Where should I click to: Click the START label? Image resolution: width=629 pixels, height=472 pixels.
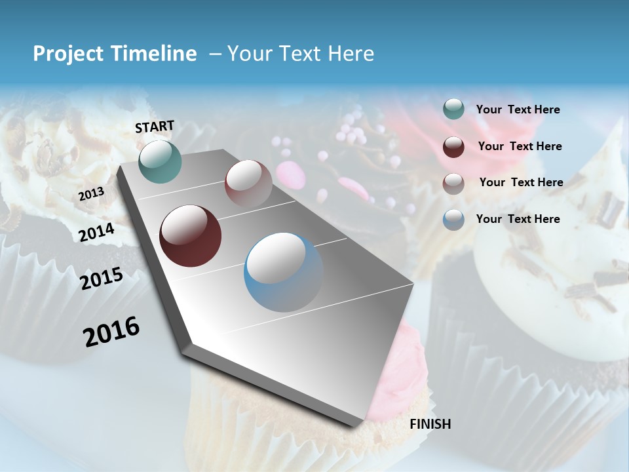[x=155, y=127]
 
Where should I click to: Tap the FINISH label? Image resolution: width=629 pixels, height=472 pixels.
[x=430, y=424]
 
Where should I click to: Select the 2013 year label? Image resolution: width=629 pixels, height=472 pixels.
[x=91, y=194]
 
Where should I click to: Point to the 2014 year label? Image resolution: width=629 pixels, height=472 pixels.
[x=97, y=232]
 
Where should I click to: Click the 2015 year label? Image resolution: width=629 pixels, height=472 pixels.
[x=102, y=279]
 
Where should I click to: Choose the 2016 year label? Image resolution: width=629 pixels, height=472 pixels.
[x=111, y=332]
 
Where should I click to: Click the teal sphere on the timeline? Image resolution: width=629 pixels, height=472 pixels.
[x=161, y=161]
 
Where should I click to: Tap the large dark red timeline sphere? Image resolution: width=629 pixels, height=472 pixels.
[x=191, y=236]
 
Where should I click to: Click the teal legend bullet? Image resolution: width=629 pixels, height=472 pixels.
[x=453, y=109]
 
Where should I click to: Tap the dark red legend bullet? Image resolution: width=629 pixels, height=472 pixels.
[x=453, y=147]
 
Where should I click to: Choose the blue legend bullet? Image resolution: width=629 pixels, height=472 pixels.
[x=453, y=220]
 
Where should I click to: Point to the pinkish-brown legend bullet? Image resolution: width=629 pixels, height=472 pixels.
[x=453, y=183]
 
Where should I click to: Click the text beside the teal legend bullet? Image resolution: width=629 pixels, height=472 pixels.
[x=518, y=110]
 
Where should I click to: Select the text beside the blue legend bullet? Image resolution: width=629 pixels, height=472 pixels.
[x=518, y=219]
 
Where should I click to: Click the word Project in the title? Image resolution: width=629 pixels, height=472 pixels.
[x=65, y=54]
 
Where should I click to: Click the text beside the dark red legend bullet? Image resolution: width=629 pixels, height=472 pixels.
[x=520, y=146]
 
